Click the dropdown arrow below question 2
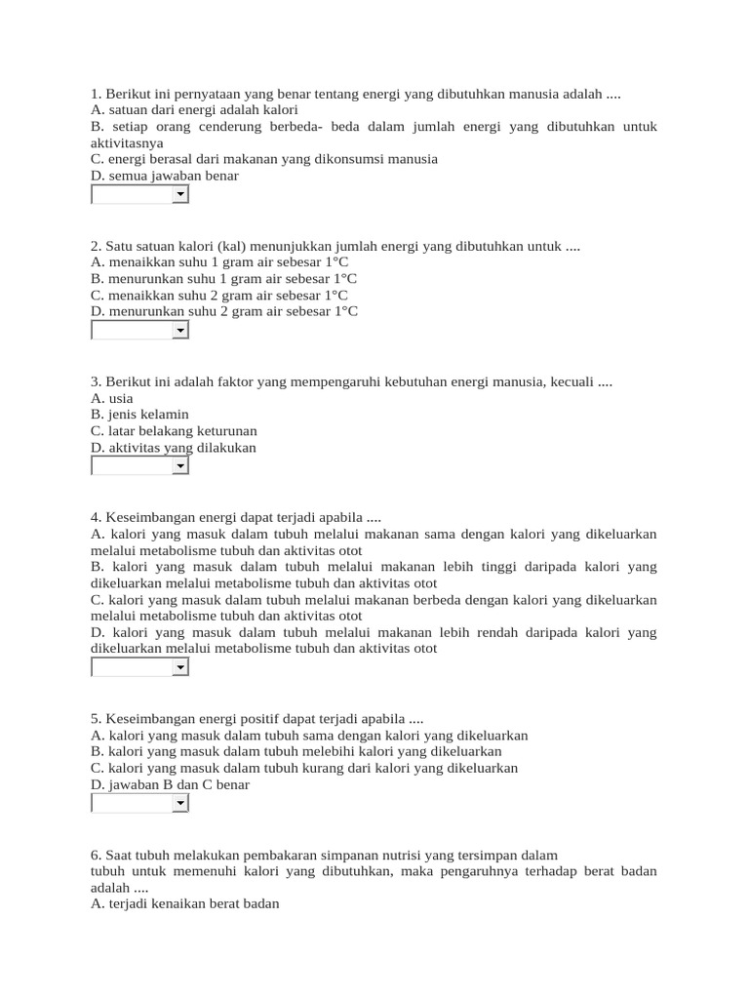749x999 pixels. click(x=180, y=331)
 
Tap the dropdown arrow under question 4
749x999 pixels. click(x=180, y=667)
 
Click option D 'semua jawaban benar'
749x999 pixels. click(x=164, y=176)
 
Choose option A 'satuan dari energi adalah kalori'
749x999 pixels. click(x=179, y=110)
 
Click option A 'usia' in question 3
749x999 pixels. click(x=111, y=398)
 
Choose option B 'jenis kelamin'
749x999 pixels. click(x=139, y=414)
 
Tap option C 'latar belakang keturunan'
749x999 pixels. click(x=174, y=430)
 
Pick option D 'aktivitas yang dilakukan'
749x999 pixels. click(x=173, y=447)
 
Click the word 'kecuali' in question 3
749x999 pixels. click(x=570, y=381)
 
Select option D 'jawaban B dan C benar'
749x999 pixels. click(x=170, y=784)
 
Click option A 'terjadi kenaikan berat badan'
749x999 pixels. click(x=184, y=903)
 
